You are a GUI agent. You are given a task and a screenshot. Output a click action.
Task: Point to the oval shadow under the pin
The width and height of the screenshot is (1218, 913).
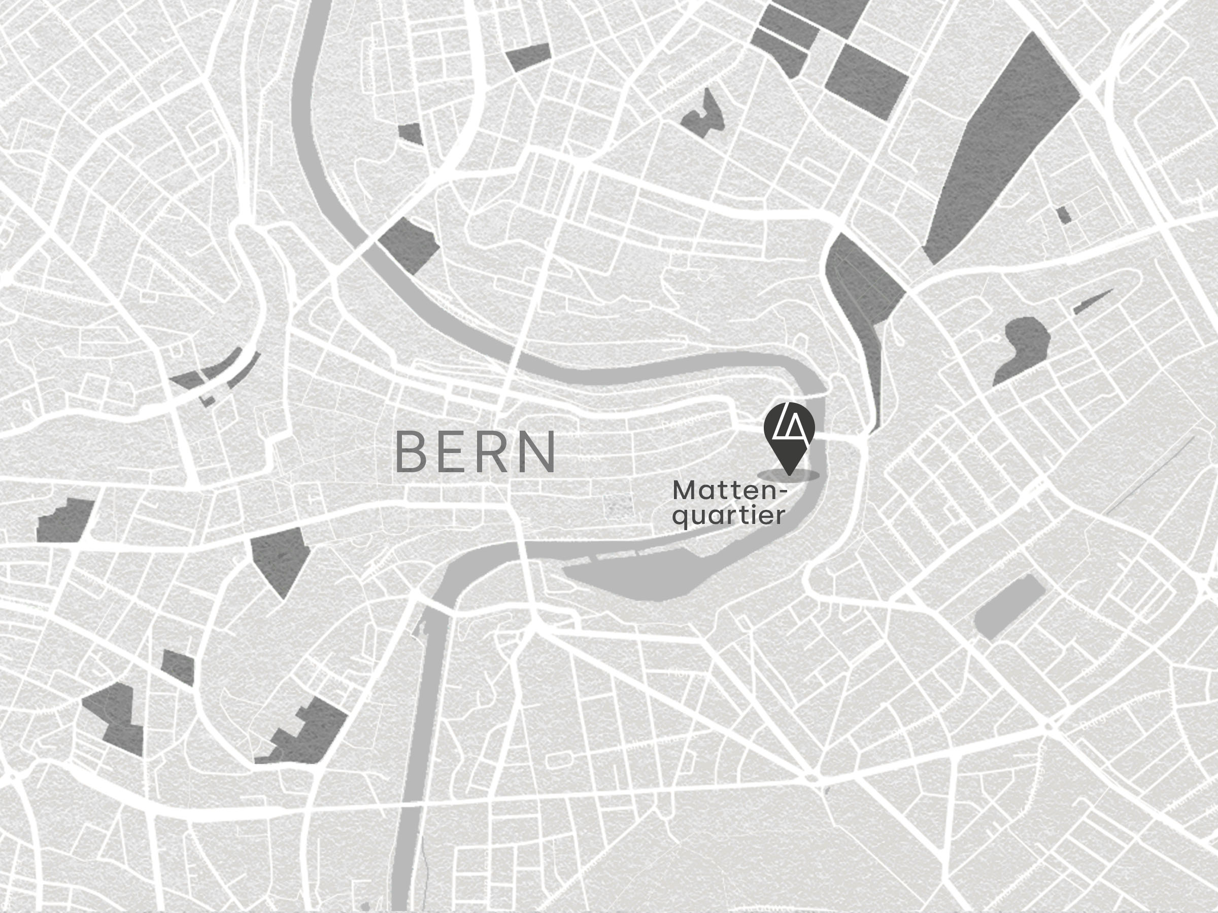click(x=789, y=475)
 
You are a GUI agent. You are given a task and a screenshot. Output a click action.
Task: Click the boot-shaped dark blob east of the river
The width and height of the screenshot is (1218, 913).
click(x=1024, y=347)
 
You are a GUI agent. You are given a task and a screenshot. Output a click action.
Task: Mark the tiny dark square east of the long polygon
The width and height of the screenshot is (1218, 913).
click(x=1064, y=215)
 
